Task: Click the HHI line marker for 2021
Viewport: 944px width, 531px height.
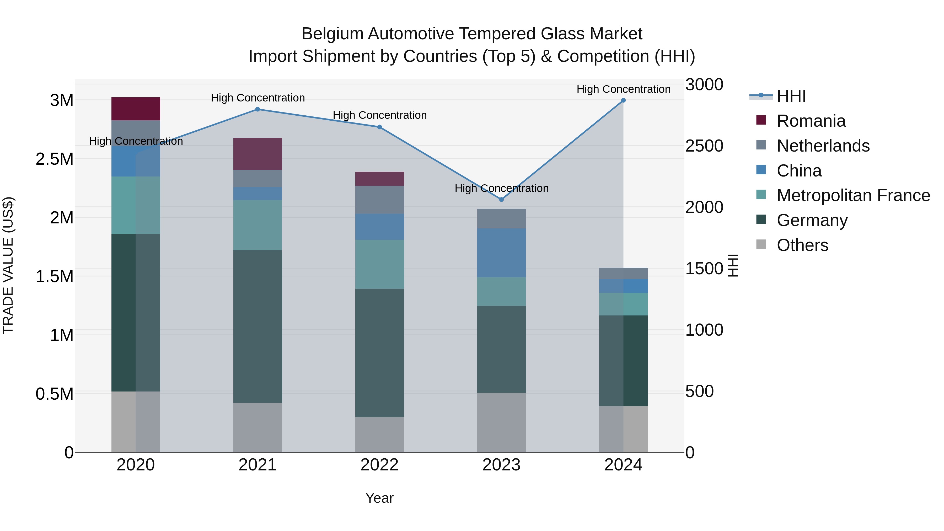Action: click(x=257, y=109)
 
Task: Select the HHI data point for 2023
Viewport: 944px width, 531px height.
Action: click(x=501, y=200)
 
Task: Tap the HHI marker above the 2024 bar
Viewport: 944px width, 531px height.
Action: click(x=623, y=100)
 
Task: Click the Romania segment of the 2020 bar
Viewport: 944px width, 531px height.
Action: click(x=136, y=109)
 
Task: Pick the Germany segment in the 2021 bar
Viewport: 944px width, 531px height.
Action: click(x=258, y=326)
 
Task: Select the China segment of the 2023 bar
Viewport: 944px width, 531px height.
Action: click(x=501, y=253)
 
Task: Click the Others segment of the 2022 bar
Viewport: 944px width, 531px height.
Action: click(x=379, y=434)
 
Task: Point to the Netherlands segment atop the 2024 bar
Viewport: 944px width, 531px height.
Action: click(x=623, y=273)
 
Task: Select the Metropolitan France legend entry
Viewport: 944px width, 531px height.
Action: click(x=853, y=195)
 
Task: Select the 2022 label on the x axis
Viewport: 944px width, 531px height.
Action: click(x=379, y=465)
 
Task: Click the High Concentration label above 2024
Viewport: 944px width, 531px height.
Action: click(x=623, y=89)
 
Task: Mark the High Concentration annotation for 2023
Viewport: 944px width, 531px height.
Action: click(x=501, y=188)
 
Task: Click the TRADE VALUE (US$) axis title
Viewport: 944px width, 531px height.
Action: click(x=8, y=265)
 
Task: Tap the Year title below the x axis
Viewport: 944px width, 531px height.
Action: click(x=379, y=498)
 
